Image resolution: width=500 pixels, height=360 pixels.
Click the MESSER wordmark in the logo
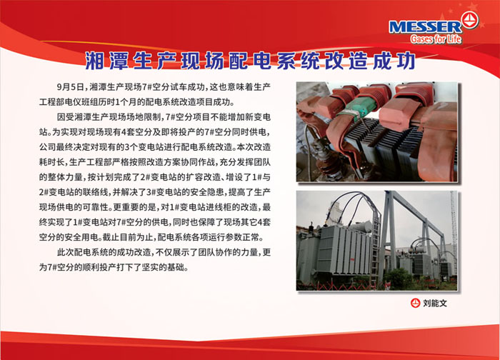point(425,26)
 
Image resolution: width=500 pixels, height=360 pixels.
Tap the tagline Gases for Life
point(436,39)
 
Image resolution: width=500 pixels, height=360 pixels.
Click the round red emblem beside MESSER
point(470,20)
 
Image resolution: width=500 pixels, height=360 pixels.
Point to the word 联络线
point(96,192)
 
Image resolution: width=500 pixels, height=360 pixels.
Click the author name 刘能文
point(435,304)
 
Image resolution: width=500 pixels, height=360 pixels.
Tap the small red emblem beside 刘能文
point(415,303)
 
